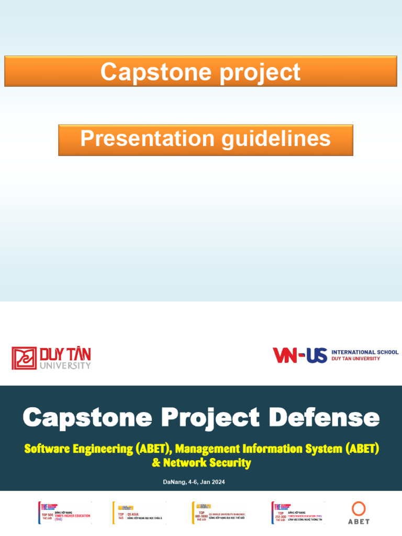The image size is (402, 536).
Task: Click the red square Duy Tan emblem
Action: click(x=24, y=358)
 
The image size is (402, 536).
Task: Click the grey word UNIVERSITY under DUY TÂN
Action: click(x=65, y=366)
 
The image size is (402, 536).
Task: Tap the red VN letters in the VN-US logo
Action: click(x=286, y=355)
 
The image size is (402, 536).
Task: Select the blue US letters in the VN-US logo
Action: click(x=316, y=355)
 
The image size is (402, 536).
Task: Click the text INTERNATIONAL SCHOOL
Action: click(x=365, y=352)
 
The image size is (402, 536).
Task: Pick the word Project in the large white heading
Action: click(x=210, y=418)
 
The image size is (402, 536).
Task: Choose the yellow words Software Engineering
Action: click(x=78, y=449)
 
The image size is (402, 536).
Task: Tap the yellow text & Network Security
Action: click(x=201, y=463)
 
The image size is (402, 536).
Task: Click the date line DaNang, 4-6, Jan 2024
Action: click(x=194, y=482)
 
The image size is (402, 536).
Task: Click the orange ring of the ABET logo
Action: click(x=359, y=509)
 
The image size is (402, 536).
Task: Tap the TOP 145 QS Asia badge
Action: click(x=139, y=512)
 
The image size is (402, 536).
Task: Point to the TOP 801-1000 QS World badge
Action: click(x=218, y=513)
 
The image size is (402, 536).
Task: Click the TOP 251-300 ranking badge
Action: click(x=298, y=513)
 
